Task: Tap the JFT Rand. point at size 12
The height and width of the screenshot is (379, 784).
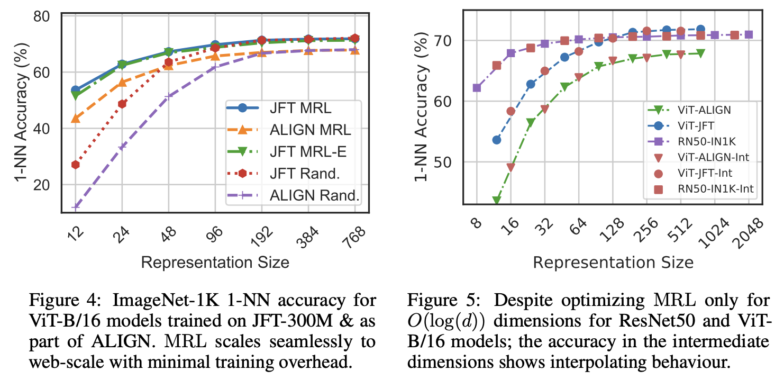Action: pyautogui.click(x=76, y=165)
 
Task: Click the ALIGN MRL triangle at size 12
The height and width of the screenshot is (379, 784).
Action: pyautogui.click(x=76, y=118)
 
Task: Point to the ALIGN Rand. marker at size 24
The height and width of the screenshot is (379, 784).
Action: pyautogui.click(x=122, y=147)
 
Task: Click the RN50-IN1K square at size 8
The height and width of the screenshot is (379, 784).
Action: pyautogui.click(x=477, y=87)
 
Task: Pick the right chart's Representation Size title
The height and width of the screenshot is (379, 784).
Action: pyautogui.click(x=613, y=262)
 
